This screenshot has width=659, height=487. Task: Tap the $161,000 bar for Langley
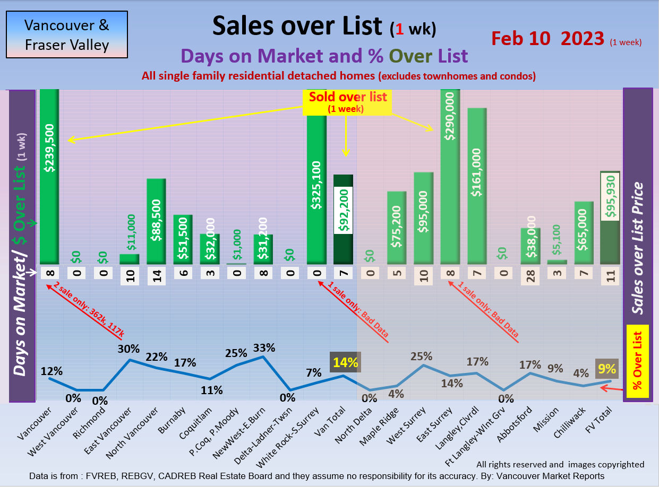(x=477, y=186)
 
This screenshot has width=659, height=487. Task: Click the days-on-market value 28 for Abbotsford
(x=530, y=275)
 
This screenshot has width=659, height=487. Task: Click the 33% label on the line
(x=264, y=348)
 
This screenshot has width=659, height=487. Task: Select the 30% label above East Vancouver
(x=129, y=349)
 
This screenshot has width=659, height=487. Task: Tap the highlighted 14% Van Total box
(x=345, y=363)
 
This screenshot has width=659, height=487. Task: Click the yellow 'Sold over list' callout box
(x=348, y=101)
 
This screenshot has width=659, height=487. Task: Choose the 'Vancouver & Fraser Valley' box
(x=67, y=34)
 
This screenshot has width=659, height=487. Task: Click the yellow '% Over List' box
(x=638, y=362)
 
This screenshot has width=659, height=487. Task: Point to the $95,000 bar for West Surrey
(x=423, y=218)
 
